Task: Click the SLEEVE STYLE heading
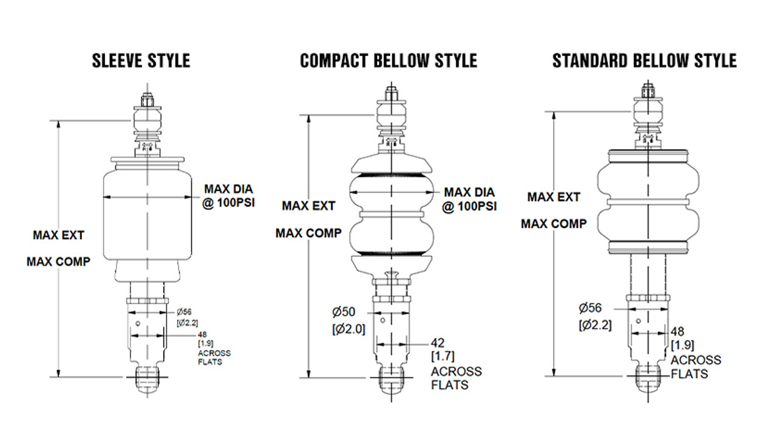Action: (141, 61)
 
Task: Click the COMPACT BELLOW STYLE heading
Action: (388, 61)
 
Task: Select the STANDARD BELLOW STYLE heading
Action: (644, 61)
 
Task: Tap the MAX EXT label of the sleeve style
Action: (58, 235)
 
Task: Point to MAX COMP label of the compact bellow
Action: (308, 233)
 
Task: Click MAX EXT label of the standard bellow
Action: (553, 197)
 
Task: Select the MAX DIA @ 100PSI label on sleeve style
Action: (229, 197)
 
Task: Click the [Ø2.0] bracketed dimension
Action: (348, 330)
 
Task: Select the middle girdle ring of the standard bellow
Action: (648, 200)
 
